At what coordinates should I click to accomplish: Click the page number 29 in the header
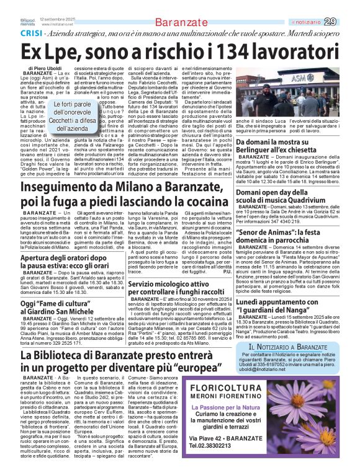348,22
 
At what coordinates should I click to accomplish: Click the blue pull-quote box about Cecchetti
74,117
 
